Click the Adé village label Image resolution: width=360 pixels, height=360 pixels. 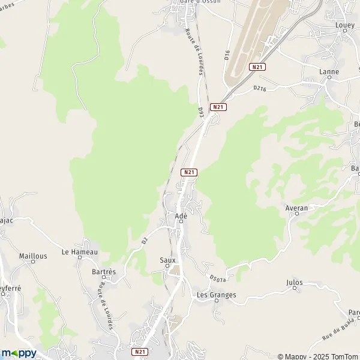181,216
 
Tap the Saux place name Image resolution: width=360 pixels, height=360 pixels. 167,260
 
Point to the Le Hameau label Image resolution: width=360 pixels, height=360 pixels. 79,253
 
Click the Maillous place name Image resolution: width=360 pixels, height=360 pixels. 33,256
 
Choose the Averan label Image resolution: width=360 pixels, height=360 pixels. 297,208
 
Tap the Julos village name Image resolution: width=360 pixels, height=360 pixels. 295,283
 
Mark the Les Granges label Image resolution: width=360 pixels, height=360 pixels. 217,295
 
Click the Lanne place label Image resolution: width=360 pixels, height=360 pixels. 329,72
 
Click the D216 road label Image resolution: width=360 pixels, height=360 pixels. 259,89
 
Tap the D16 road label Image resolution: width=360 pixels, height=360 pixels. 227,56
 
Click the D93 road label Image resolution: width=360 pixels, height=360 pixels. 201,112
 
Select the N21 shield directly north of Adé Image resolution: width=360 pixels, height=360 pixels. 189,172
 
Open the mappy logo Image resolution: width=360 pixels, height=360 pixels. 19,353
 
